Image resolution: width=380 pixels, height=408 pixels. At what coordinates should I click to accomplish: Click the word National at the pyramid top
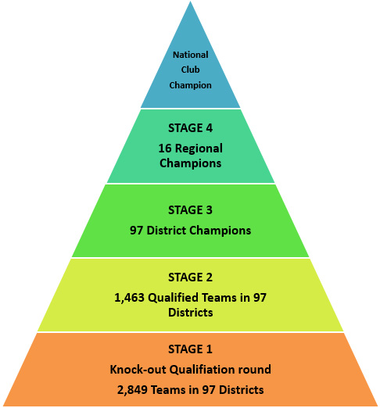pyautogui.click(x=191, y=55)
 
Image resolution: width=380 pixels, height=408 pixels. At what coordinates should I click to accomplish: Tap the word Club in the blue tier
pyautogui.click(x=191, y=70)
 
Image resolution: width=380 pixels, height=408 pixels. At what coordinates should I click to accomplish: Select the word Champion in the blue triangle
pyautogui.click(x=191, y=85)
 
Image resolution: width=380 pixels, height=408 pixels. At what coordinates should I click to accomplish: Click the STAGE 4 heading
pyautogui.click(x=191, y=128)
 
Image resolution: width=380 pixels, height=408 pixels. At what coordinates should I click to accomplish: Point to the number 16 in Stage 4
pyautogui.click(x=165, y=149)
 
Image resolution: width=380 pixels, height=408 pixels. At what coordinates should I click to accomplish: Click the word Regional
pyautogui.click(x=199, y=149)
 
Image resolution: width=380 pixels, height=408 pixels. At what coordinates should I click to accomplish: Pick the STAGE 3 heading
pyautogui.click(x=191, y=210)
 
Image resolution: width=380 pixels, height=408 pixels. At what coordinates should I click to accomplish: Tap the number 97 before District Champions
pyautogui.click(x=137, y=231)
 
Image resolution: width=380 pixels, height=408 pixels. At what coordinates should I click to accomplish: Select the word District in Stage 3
pyautogui.click(x=167, y=231)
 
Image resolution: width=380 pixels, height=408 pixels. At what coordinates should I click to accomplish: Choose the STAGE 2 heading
pyautogui.click(x=191, y=277)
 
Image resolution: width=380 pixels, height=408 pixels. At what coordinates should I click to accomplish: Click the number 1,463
pyautogui.click(x=129, y=298)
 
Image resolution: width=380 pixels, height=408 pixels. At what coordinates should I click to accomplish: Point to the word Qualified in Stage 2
pyautogui.click(x=173, y=298)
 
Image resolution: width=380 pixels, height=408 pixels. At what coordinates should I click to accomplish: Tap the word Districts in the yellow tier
pyautogui.click(x=191, y=313)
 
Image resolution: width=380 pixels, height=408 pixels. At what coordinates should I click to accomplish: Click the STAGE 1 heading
pyautogui.click(x=191, y=349)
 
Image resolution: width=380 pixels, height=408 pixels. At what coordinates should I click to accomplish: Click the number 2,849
pyautogui.click(x=132, y=390)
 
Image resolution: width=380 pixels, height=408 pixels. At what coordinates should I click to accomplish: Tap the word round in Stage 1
pyautogui.click(x=255, y=370)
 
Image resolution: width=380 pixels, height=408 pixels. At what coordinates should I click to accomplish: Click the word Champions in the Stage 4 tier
pyautogui.click(x=191, y=163)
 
